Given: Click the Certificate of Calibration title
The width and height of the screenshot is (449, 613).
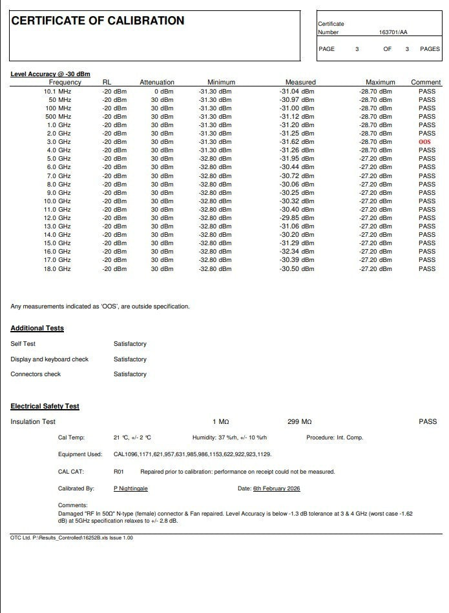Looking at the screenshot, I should (98, 21).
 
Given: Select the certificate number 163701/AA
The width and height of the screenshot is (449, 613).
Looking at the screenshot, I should (393, 32).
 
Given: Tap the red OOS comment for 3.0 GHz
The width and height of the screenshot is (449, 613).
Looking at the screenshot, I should (424, 142).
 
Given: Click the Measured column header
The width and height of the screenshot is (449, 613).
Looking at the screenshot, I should (300, 83).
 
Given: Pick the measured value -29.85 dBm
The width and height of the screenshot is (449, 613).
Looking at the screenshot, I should (297, 218).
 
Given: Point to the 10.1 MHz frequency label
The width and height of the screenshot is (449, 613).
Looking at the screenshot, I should (57, 91).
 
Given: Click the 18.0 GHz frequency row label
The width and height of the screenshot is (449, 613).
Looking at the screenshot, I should (57, 268).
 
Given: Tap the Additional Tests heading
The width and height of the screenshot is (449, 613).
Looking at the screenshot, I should (37, 328).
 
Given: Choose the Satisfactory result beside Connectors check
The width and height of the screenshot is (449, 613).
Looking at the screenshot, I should (130, 374).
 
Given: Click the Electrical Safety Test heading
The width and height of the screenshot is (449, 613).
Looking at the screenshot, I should (45, 407).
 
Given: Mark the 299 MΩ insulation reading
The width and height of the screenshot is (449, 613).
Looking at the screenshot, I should (299, 422).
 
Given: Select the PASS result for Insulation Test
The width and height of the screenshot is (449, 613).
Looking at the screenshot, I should (428, 422).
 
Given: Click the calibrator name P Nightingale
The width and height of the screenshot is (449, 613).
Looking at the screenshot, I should (131, 488).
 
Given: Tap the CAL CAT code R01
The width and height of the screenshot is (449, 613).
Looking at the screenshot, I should (118, 472).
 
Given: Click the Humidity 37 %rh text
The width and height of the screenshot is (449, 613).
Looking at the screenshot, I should (229, 437).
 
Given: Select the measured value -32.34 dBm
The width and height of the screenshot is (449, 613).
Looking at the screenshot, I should (297, 252).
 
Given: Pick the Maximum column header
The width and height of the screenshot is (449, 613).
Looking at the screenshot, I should (380, 83).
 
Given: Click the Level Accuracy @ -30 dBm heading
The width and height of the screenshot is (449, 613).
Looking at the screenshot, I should (50, 74).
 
